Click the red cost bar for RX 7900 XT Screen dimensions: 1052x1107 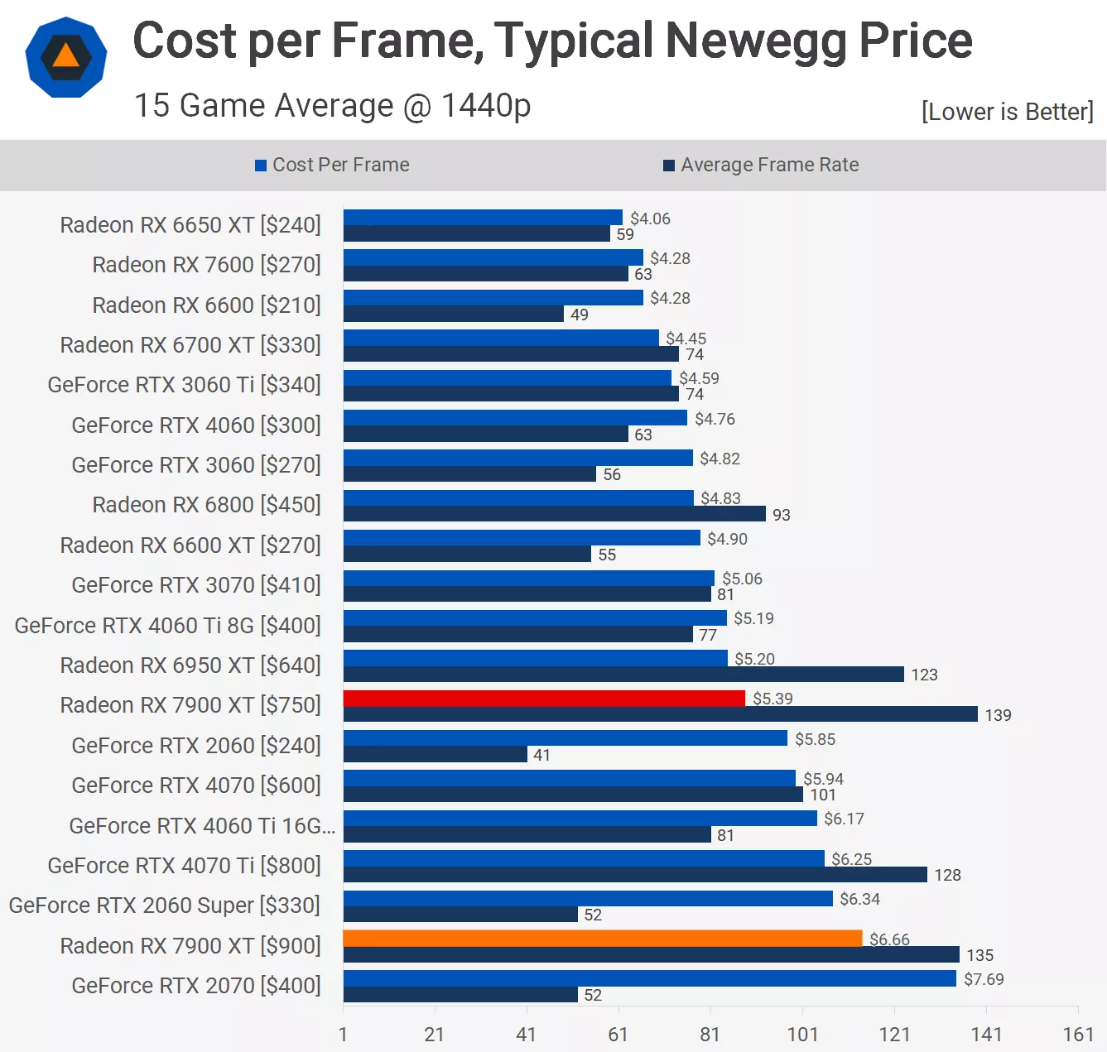pos(544,699)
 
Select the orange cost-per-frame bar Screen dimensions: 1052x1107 pos(603,939)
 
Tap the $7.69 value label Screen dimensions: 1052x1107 pos(984,979)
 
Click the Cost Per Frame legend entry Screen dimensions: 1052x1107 pos(332,165)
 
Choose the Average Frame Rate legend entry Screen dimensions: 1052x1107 pos(761,165)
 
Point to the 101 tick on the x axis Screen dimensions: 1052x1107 pos(802,1034)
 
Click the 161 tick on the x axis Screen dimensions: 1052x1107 pos(1078,1034)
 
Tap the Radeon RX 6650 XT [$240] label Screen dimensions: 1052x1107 pos(190,225)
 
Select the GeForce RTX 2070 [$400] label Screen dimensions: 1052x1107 pos(196,986)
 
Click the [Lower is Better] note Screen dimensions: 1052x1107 pos(1007,112)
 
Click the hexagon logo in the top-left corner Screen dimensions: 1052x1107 pos(66,57)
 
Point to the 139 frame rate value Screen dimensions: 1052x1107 pos(998,715)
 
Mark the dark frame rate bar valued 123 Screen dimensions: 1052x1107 pos(623,675)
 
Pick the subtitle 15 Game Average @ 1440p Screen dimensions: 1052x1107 pos(332,106)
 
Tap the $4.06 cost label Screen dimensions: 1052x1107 pos(650,219)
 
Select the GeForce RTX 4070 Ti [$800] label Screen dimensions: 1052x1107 pos(184,866)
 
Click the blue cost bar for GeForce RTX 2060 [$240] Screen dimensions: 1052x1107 pos(566,738)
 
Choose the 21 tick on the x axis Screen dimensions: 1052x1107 pos(435,1034)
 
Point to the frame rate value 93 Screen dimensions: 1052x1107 pos(781,515)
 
